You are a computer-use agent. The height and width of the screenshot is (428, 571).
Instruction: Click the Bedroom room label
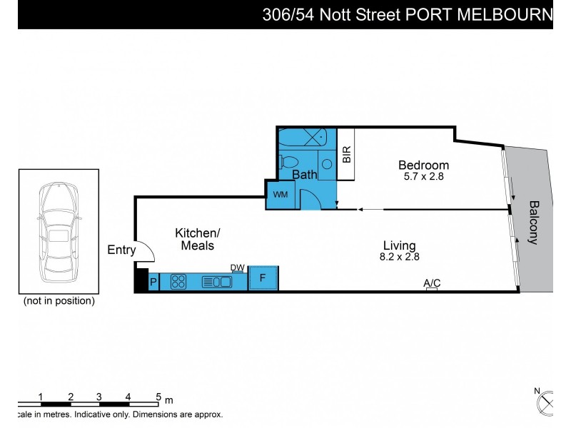(423, 165)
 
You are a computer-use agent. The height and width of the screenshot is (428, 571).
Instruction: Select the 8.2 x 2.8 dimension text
(400, 258)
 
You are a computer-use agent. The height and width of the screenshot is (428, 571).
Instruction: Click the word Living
(400, 246)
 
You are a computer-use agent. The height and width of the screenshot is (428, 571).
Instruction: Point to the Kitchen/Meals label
(198, 239)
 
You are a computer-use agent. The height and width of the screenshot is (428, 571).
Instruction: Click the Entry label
(121, 250)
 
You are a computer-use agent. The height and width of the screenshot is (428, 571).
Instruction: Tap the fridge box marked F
(263, 278)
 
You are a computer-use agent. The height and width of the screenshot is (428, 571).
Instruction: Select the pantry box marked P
(153, 282)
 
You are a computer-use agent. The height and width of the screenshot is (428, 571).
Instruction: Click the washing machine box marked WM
(278, 194)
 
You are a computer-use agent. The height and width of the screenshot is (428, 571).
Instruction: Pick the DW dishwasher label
(238, 268)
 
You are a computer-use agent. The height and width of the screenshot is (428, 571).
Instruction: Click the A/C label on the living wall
(432, 283)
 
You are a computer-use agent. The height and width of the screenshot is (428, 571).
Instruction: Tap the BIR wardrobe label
(346, 154)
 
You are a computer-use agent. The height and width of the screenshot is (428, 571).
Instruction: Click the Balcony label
(533, 222)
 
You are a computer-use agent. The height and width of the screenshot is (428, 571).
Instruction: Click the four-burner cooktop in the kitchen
(179, 281)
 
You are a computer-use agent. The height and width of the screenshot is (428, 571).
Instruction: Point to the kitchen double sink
(217, 281)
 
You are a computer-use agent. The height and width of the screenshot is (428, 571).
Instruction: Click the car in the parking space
(59, 231)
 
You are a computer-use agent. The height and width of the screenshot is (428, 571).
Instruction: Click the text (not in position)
(59, 301)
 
